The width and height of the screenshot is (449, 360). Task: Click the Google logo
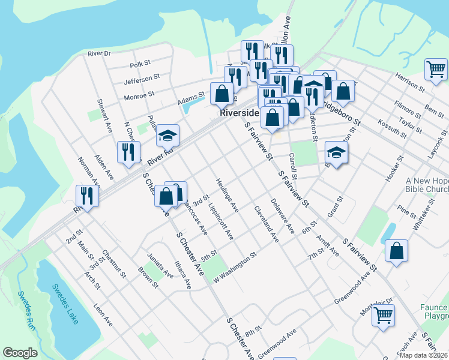point(20,353)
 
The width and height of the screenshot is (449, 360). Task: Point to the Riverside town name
point(240,113)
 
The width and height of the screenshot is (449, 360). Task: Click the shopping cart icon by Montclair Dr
point(383,314)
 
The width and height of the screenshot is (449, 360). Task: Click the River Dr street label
point(100,53)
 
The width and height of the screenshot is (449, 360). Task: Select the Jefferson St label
point(142,77)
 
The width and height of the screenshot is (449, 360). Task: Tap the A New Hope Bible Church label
point(427,185)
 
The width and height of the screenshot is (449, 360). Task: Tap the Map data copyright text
point(424,355)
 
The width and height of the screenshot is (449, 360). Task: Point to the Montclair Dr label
point(376,302)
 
